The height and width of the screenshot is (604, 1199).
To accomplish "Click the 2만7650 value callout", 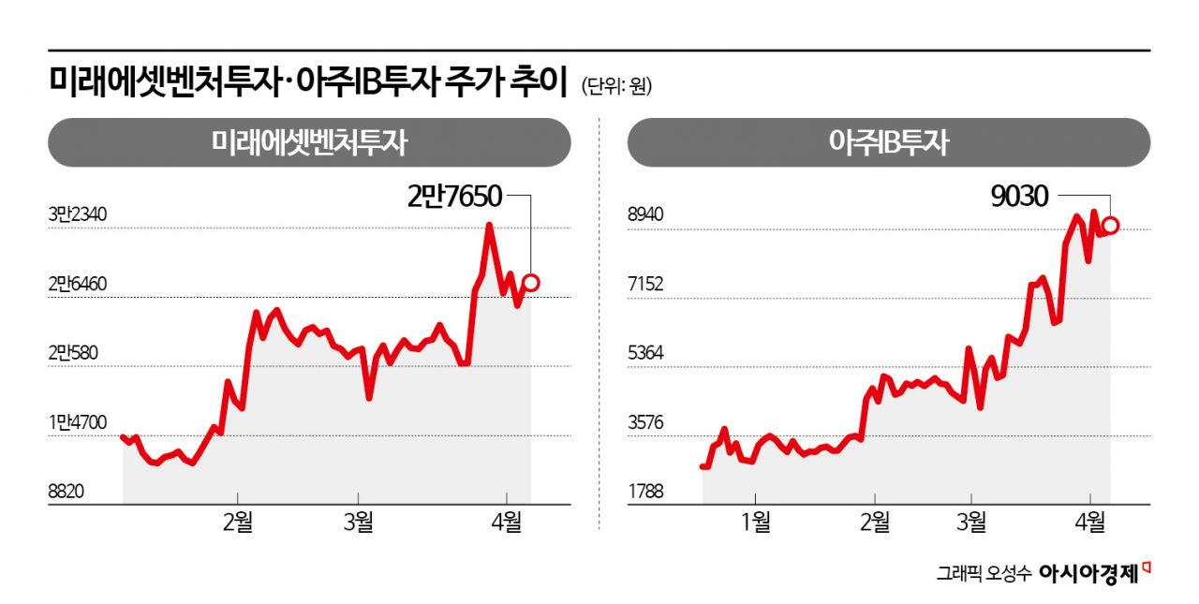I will click(454, 195).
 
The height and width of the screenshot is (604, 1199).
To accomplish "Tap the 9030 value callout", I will click(1020, 195).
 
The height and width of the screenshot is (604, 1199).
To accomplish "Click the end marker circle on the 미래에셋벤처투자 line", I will click(531, 282).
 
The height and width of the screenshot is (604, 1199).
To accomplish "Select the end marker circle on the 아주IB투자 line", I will click(1111, 225).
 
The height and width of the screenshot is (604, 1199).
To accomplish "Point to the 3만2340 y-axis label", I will click(78, 215).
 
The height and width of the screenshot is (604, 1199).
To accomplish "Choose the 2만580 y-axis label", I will click(74, 354).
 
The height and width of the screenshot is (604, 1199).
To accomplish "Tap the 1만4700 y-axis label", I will click(78, 422).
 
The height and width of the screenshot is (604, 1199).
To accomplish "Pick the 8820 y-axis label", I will click(67, 492).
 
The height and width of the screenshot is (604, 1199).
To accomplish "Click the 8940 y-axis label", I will click(644, 215).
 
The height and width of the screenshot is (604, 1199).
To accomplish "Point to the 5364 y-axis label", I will click(644, 354).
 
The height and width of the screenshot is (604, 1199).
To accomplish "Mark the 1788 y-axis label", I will click(644, 492).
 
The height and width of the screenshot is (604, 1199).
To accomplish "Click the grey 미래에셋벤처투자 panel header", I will click(309, 142).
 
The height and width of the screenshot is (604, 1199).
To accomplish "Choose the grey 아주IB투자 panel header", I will click(888, 142).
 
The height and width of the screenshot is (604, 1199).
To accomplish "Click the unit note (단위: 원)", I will click(615, 87).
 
